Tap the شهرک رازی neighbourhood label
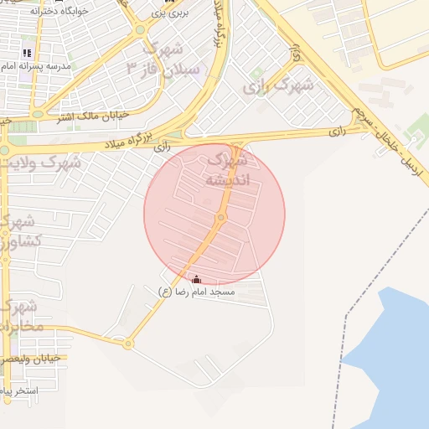coord(280,85)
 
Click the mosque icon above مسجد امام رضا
coord(197,279)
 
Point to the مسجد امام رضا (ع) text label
coord(198,292)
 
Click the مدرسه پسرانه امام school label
coord(41,65)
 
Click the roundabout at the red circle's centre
coord(221,218)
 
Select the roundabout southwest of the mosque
coord(127,343)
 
